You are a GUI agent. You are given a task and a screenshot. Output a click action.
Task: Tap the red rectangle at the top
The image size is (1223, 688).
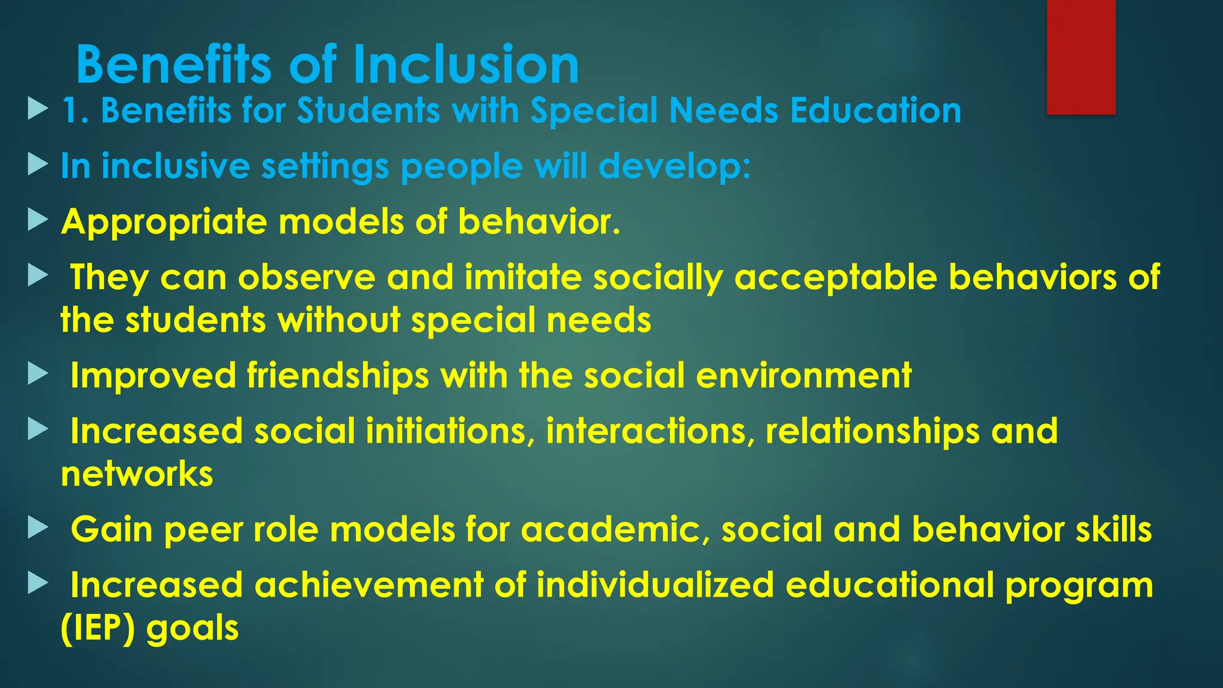point(1081,57)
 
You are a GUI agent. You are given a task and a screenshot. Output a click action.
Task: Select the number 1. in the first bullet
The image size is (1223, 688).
point(76,111)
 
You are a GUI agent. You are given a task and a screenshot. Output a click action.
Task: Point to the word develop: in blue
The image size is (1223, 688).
point(674,166)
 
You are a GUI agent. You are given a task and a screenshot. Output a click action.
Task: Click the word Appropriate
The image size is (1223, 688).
point(164,222)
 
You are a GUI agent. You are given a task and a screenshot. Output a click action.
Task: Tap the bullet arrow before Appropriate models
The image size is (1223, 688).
point(38,220)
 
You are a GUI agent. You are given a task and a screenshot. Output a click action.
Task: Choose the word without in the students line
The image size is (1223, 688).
point(339,320)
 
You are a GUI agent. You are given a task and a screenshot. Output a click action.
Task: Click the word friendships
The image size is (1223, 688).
point(338,376)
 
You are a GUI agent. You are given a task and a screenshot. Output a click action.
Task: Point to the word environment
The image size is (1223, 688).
point(804,376)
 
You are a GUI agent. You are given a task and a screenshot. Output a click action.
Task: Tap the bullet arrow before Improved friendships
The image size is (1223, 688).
point(38,374)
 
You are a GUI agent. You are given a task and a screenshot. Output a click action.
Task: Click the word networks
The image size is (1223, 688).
point(137,474)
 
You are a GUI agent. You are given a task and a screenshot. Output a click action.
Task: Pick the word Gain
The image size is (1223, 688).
point(112,530)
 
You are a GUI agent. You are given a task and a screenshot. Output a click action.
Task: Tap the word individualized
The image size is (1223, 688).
point(655,585)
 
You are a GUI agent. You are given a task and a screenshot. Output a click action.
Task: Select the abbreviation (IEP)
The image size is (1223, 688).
point(98,628)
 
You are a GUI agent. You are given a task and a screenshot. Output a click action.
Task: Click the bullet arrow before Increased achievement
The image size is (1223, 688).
point(38,583)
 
